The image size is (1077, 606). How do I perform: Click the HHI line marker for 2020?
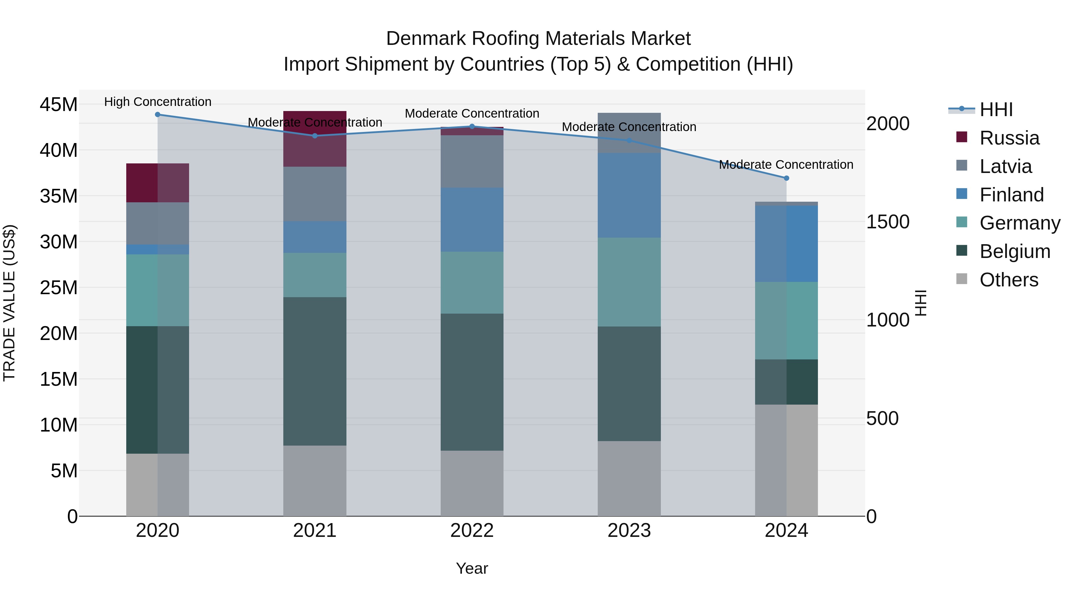point(158,115)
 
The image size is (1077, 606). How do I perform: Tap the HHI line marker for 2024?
point(787,178)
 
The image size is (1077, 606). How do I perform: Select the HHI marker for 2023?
point(629,141)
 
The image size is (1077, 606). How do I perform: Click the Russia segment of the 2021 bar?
point(315,139)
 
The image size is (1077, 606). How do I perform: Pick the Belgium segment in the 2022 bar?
point(472,382)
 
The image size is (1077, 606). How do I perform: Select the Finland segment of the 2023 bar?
point(629,195)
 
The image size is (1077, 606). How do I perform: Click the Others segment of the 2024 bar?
point(787,460)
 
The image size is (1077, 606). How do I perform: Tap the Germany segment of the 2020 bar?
point(158,290)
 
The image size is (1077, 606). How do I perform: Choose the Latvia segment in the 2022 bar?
point(472,161)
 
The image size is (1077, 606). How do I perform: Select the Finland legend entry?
point(1011,195)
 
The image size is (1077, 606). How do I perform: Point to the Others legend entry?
point(1008,280)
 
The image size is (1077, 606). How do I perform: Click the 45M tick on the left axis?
point(59,104)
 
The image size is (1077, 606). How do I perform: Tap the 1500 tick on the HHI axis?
point(888,222)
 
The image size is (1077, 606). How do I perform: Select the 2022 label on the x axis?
point(472,531)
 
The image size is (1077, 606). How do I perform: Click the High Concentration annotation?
point(158,102)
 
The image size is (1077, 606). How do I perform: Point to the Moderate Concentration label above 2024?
point(786,165)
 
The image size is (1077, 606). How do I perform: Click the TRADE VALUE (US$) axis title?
point(9,303)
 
